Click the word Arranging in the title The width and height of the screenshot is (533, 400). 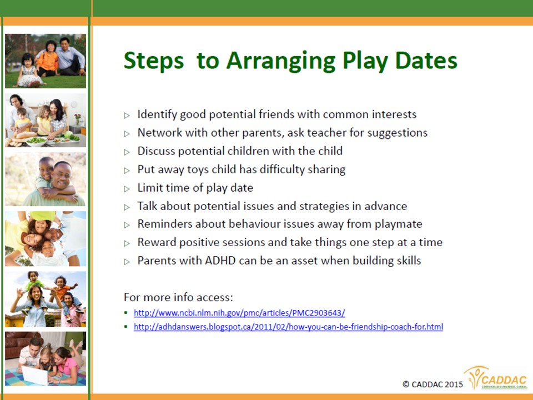pos(281,61)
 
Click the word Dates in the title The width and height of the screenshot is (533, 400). pos(426,61)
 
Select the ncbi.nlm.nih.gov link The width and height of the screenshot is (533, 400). pos(239,313)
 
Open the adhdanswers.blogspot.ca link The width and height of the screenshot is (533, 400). pos(288,327)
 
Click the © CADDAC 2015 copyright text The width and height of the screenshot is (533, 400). pos(433,384)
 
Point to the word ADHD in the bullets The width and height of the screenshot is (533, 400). pos(220,261)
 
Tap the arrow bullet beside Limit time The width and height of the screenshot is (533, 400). pos(127,189)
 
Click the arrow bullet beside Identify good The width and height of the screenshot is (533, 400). pos(127,116)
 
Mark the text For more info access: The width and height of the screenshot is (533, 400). pos(178,297)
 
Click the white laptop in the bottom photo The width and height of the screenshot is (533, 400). pos(34,375)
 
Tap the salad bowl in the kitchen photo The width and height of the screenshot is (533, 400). pos(37,141)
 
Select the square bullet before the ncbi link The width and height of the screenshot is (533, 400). pos(126,313)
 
